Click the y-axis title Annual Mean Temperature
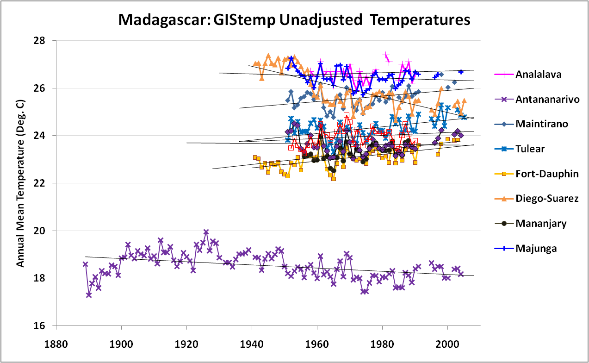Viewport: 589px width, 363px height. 21,183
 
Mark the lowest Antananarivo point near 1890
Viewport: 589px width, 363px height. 89,295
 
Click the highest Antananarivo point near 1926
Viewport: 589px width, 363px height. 206,232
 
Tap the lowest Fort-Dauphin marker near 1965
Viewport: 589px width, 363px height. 334,179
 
